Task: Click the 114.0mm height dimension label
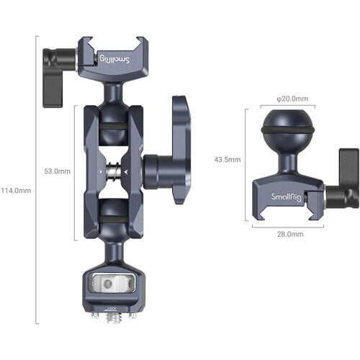point(17,191)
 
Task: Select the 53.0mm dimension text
point(57,171)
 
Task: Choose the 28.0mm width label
point(287,234)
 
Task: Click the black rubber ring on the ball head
point(287,132)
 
